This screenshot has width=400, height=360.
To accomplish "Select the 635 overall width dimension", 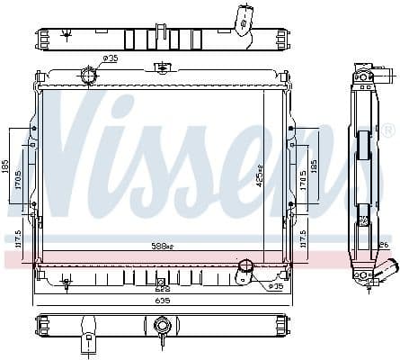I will [162, 300].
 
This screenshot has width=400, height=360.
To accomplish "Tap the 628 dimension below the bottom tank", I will [162, 288].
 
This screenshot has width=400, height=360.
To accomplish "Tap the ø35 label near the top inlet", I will [110, 58].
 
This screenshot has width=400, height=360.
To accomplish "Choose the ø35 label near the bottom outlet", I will [275, 286].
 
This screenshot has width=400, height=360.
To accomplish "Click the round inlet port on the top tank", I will [89, 75].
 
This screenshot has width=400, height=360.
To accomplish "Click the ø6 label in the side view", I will [384, 243].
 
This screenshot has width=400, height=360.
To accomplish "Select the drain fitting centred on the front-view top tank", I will [162, 67].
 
